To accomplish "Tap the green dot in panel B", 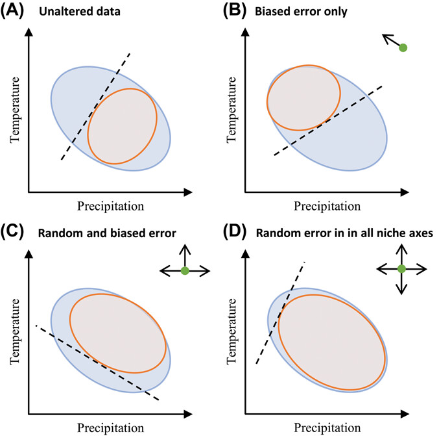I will tap(403, 47).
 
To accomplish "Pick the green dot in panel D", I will tap(401, 268).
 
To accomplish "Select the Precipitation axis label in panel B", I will tap(327, 207).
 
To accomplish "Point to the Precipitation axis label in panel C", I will tap(110, 426).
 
